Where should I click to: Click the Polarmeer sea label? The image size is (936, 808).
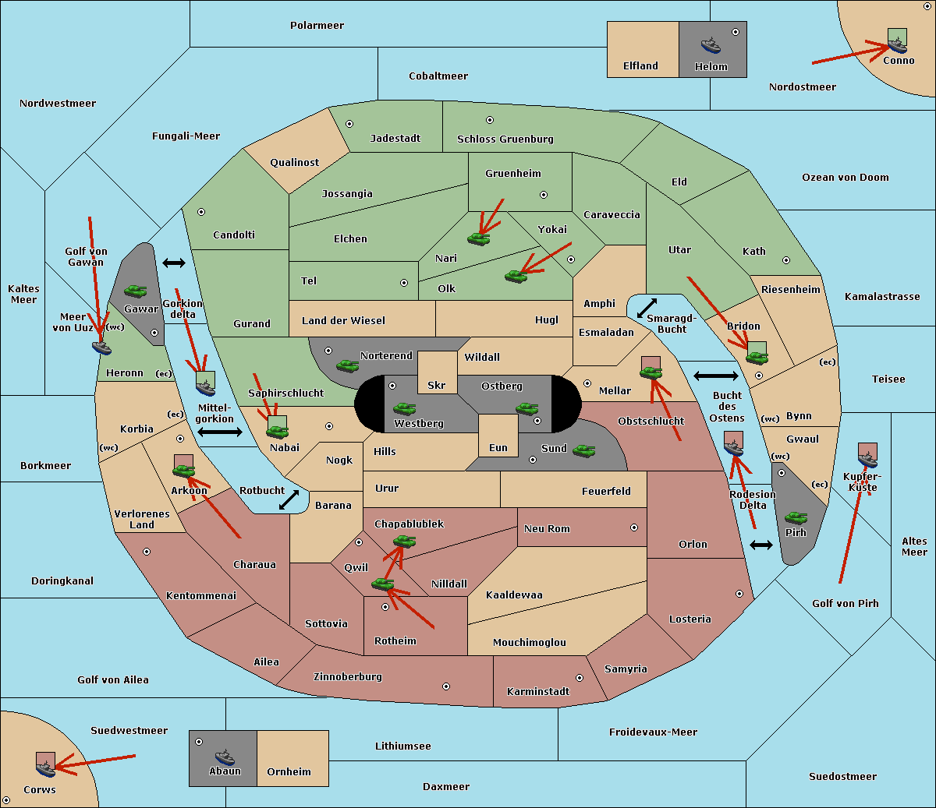[x=317, y=26]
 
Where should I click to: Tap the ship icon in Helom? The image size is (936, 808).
[x=711, y=44]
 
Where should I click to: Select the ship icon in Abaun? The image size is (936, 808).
[x=225, y=757]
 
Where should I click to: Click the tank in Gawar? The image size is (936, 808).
[x=136, y=291]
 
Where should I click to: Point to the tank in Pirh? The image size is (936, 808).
[x=796, y=517]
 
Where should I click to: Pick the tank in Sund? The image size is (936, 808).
[x=583, y=450]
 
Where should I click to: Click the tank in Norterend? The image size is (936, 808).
[x=347, y=365]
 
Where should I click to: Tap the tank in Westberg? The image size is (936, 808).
[x=404, y=408]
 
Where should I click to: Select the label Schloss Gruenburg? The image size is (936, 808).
[x=505, y=139]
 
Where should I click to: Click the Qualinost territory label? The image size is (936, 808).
[x=294, y=162]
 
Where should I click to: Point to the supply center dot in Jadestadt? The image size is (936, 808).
[x=349, y=124]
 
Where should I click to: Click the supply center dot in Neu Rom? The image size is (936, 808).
[x=634, y=527]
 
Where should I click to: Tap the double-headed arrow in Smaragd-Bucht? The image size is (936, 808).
[x=647, y=308]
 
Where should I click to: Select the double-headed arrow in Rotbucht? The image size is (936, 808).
[x=289, y=500]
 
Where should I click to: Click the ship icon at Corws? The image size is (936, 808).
[x=45, y=768]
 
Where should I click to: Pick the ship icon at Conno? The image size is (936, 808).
[x=896, y=45]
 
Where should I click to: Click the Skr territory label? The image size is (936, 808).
[x=437, y=385]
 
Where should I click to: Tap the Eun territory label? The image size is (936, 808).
[x=498, y=447]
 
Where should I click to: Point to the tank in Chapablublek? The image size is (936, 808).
[x=404, y=541]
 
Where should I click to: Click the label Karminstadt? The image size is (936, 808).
[x=538, y=691]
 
